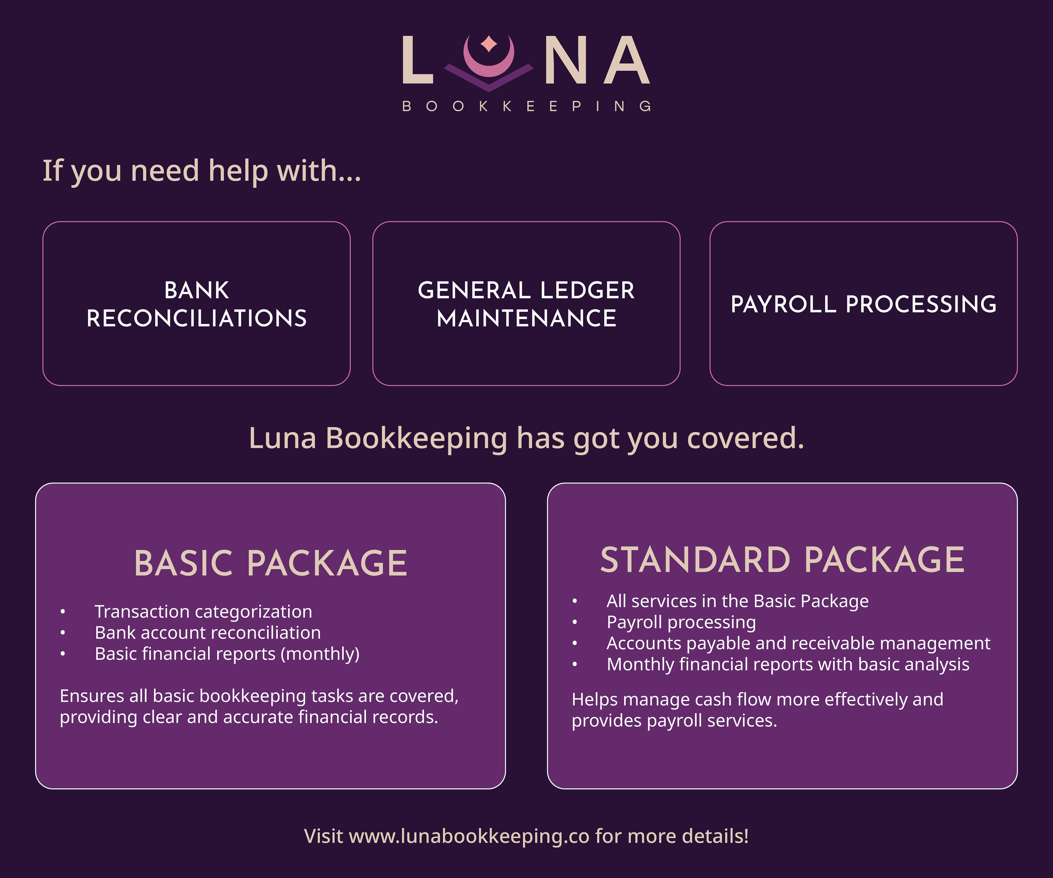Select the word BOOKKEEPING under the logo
(x=526, y=106)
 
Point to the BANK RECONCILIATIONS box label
(x=197, y=304)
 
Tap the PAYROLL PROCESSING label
(x=864, y=304)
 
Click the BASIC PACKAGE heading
(x=270, y=563)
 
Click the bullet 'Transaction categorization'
(x=203, y=612)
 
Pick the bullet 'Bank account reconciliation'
(x=208, y=633)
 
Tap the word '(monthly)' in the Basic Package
(x=320, y=654)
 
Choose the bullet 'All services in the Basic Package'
(x=737, y=601)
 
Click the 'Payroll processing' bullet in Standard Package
(x=681, y=622)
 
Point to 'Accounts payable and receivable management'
(x=798, y=643)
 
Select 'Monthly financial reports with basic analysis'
(x=788, y=664)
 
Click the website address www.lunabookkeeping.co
(x=469, y=836)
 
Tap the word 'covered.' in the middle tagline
(x=746, y=438)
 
